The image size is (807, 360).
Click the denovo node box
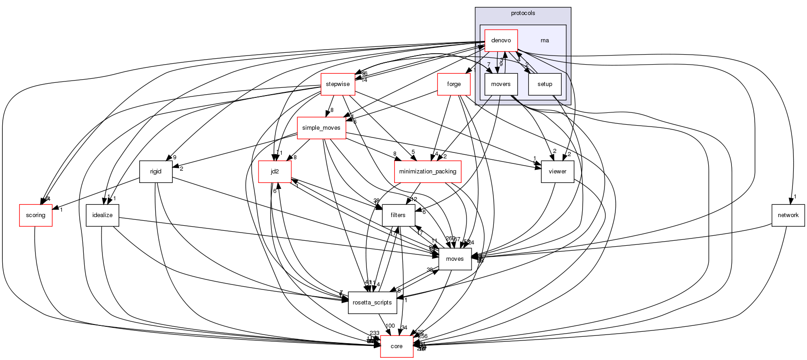pyautogui.click(x=501, y=41)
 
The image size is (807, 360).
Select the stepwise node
pyautogui.click(x=338, y=84)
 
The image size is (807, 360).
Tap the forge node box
pyautogui.click(x=454, y=84)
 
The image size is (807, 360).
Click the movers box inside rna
pyautogui.click(x=501, y=84)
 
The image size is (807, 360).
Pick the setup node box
pyautogui.click(x=544, y=84)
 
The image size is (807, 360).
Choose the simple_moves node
pyautogui.click(x=321, y=128)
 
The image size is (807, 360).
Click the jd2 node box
pyautogui.click(x=275, y=172)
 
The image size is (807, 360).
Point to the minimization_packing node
pyautogui.click(x=427, y=172)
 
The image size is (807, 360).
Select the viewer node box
pyautogui.click(x=557, y=172)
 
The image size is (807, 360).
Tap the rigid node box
pyautogui.click(x=156, y=172)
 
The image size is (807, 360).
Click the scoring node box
pyautogui.click(x=36, y=215)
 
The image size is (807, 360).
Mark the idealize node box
pyautogui.click(x=102, y=215)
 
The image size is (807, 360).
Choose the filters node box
pyautogui.click(x=398, y=215)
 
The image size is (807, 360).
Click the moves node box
pyautogui.click(x=455, y=259)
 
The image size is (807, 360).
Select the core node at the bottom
pyautogui.click(x=396, y=346)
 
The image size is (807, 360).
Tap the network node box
pyautogui.click(x=788, y=215)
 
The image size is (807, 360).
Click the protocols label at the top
pyautogui.click(x=523, y=13)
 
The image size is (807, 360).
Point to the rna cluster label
pyautogui.click(x=544, y=41)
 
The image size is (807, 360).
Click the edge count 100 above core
pyautogui.click(x=390, y=326)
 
